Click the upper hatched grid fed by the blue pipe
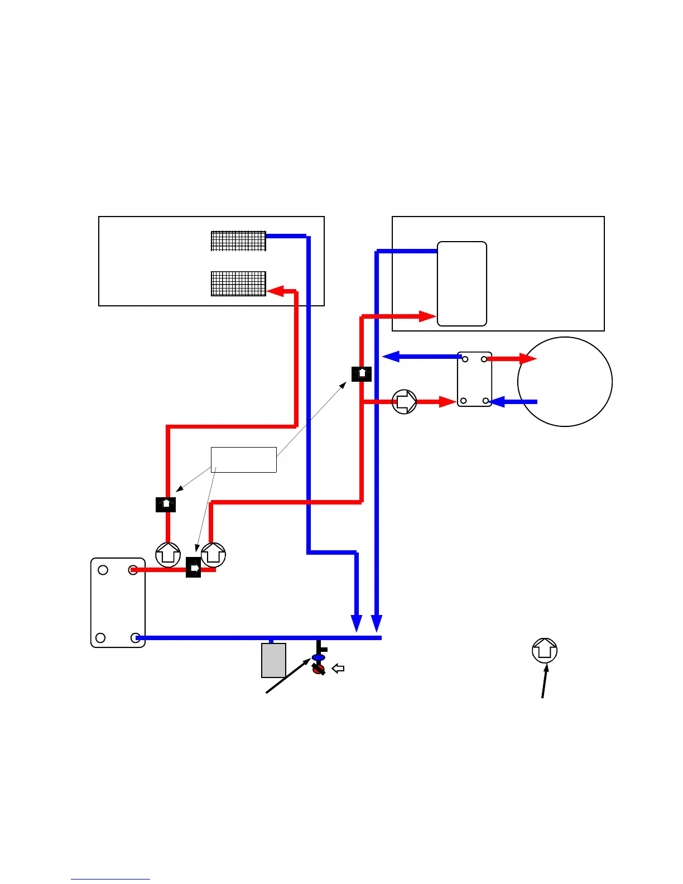238,241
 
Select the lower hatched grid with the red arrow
238,284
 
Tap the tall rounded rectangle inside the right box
462,284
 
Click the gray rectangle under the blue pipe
273,660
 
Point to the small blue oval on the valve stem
318,657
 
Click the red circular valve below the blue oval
318,669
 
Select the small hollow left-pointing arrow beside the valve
338,668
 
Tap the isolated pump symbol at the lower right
545,650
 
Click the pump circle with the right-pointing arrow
405,401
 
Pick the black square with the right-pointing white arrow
193,568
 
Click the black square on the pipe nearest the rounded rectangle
362,373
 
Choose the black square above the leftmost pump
166,504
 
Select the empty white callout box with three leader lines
244,459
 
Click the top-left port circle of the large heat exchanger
103,570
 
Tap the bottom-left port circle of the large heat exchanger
100,637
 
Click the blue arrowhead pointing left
391,356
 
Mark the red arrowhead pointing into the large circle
528,358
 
